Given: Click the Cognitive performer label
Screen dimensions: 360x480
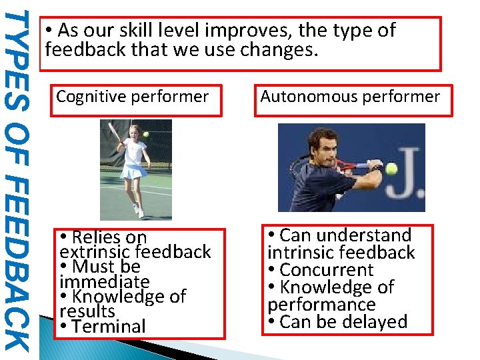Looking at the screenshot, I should (x=132, y=97).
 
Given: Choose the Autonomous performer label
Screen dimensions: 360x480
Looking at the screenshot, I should (x=350, y=97).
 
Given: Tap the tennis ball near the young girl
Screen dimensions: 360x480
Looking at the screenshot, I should (x=146, y=134).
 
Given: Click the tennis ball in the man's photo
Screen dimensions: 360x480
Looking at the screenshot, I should (x=391, y=169).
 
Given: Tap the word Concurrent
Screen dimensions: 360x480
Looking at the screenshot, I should (x=327, y=270).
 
